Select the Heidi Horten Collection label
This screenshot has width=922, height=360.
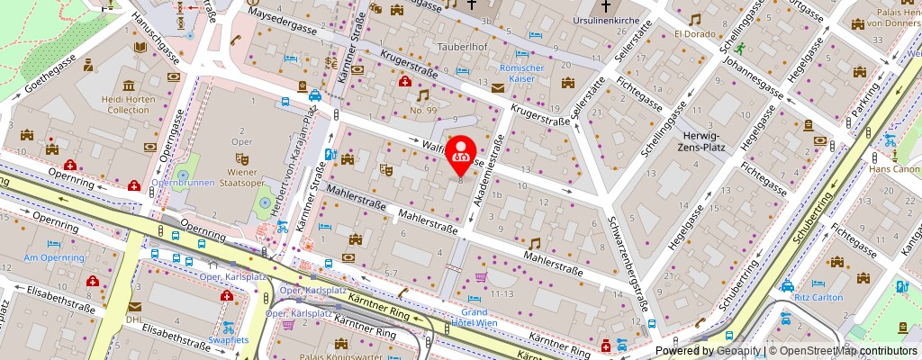(116, 103)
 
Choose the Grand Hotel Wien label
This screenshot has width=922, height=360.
(467, 319)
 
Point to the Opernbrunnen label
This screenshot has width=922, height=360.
(184, 183)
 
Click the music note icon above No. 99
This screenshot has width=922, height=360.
(422, 94)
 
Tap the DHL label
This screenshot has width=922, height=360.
(135, 319)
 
